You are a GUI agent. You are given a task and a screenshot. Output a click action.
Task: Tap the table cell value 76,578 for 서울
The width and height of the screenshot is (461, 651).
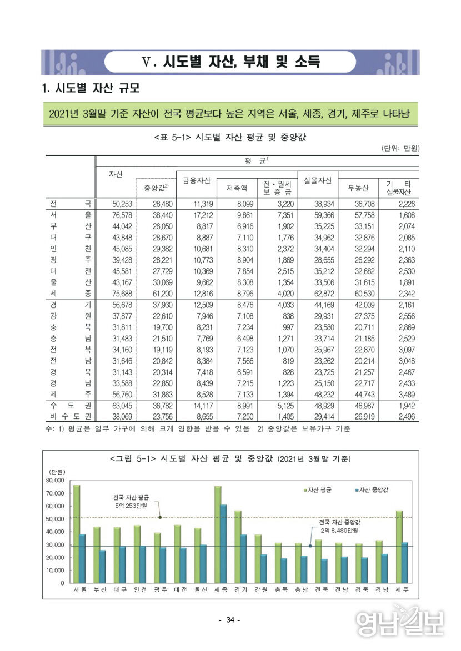click(118, 214)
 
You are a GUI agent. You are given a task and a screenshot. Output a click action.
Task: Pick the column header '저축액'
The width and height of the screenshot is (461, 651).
click(237, 188)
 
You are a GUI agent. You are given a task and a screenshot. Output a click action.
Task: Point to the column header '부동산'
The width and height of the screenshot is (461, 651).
click(358, 188)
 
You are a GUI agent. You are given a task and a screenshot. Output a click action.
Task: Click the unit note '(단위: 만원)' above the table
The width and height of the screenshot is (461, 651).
click(400, 148)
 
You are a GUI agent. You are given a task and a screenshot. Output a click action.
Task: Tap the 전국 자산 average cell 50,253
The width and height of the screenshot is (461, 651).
click(118, 204)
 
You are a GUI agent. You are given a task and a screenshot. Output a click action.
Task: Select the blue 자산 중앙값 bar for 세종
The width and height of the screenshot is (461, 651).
click(223, 544)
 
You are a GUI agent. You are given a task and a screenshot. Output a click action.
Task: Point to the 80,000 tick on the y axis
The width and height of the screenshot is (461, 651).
click(56, 481)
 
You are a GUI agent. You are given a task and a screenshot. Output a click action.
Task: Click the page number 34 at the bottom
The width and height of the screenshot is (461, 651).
click(231, 620)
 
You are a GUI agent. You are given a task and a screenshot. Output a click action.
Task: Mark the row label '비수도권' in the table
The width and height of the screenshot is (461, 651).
click(69, 416)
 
